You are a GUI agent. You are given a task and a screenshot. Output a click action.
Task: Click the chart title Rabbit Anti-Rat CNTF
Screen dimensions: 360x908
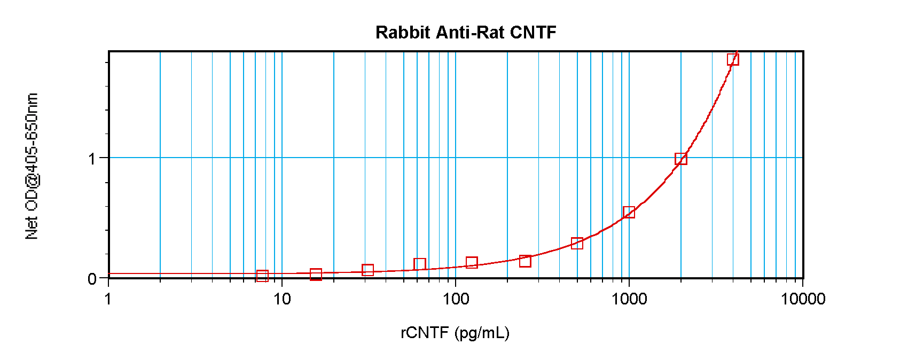click(x=466, y=33)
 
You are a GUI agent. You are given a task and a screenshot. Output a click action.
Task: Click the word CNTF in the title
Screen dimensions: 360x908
click(x=533, y=33)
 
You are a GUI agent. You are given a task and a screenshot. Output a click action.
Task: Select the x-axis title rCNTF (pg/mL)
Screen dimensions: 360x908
click(x=455, y=333)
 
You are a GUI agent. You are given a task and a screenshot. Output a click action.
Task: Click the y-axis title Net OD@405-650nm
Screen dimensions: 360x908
click(x=32, y=166)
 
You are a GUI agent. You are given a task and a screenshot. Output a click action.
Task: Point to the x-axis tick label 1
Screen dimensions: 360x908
click(x=108, y=299)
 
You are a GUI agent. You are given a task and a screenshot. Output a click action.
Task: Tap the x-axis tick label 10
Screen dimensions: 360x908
click(x=282, y=299)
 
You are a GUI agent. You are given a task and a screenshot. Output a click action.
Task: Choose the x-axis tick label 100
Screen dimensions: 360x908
click(x=456, y=299)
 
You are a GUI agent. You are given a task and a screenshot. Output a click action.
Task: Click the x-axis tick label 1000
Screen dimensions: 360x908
click(x=629, y=299)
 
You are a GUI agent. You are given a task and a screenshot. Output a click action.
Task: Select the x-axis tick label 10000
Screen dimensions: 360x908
click(x=803, y=299)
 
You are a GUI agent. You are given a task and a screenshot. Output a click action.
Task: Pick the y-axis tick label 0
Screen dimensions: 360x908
click(x=92, y=279)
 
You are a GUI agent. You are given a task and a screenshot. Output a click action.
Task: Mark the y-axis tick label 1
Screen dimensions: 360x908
click(x=92, y=159)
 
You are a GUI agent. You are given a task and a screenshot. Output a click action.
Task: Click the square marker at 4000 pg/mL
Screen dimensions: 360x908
click(x=733, y=59)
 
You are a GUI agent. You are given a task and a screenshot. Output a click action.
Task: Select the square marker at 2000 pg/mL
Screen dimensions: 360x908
click(x=680, y=159)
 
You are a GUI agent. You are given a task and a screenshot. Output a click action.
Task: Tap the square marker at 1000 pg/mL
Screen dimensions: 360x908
click(x=629, y=213)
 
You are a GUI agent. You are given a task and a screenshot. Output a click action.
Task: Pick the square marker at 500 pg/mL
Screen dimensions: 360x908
click(x=577, y=244)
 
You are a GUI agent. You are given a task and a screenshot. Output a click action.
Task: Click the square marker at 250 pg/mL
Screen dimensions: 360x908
click(x=525, y=261)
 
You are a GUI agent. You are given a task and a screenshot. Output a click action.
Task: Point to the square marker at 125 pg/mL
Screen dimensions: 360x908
click(x=472, y=263)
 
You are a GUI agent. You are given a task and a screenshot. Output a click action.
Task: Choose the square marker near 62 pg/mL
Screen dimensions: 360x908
click(x=420, y=264)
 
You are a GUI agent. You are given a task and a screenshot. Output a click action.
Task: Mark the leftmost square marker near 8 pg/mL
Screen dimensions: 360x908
click(x=262, y=276)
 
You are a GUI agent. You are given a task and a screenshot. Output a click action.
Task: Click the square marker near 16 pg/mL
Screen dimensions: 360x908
click(x=316, y=275)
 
